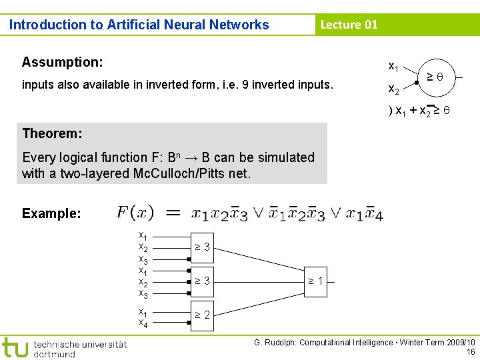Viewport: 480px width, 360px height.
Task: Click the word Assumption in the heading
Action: coord(61,63)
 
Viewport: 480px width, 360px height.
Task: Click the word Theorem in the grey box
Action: coord(51,133)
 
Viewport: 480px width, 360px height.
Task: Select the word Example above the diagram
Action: coord(51,214)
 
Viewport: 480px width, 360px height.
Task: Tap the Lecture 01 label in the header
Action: coord(349,25)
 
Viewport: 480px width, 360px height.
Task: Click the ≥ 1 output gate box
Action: coord(315,281)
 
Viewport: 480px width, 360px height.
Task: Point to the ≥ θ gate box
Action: coord(437,77)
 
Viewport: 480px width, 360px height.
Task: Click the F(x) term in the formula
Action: coord(135,213)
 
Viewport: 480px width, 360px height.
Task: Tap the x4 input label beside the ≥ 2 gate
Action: coord(143,323)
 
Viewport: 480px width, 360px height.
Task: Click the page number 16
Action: coord(471,351)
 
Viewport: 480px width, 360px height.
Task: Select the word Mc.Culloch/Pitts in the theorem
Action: coord(210,175)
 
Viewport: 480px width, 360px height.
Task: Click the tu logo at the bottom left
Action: coord(15,347)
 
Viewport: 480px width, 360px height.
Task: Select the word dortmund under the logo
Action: coord(54,354)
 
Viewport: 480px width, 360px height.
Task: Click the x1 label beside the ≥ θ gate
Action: coord(394,67)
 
